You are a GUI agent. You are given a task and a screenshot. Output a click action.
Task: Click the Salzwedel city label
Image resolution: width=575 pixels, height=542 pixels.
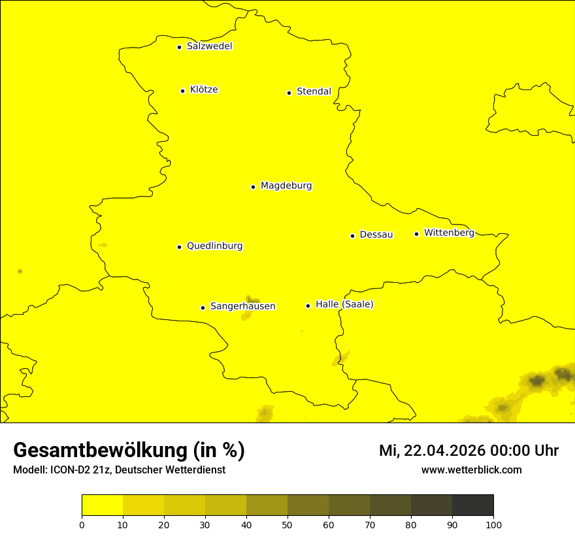tap(209, 46)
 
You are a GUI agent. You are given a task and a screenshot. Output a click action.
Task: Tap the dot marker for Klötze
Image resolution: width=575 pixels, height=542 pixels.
tap(182, 91)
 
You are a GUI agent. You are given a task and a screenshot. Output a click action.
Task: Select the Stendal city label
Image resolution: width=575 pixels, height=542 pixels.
tap(314, 91)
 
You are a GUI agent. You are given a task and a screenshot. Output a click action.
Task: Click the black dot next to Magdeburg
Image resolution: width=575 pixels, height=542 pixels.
tap(253, 187)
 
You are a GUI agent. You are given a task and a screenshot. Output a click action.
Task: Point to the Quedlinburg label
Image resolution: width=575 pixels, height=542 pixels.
tap(214, 246)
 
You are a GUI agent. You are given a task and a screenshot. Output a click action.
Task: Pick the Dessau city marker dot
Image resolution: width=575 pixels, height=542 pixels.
tap(352, 236)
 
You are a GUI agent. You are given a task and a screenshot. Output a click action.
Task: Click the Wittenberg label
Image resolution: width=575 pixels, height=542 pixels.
tap(449, 232)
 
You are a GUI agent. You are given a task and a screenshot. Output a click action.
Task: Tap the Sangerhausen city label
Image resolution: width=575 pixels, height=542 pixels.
tap(242, 306)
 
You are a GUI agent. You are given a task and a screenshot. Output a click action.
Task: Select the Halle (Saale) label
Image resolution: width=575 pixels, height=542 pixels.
tap(344, 304)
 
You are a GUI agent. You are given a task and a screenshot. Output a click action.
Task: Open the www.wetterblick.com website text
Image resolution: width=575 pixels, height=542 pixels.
tap(471, 470)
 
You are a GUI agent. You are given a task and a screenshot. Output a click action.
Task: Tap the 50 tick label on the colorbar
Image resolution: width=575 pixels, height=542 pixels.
tap(287, 524)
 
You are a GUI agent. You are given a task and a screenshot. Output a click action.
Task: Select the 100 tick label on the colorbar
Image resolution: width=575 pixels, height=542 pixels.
tap(493, 524)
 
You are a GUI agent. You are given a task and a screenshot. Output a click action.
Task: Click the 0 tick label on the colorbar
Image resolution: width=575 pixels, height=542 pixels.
tap(82, 524)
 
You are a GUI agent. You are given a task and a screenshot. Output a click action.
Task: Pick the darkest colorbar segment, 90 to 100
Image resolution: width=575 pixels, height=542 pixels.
tap(472, 505)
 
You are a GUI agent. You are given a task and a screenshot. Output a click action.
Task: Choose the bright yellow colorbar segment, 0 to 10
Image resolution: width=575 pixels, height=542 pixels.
tap(102, 505)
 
